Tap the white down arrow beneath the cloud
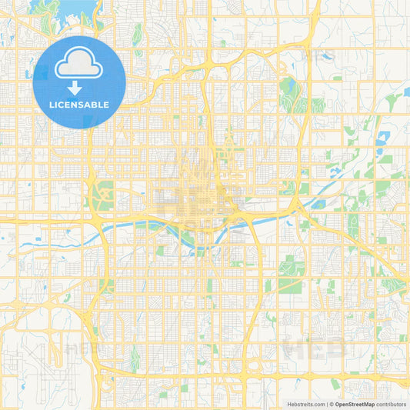pyautogui.click(x=79, y=89)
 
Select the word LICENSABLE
pyautogui.click(x=79, y=105)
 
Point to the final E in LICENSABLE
pyautogui.click(x=106, y=105)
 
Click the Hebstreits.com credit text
pyautogui.click(x=303, y=404)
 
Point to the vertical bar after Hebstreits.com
pyautogui.click(x=326, y=404)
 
